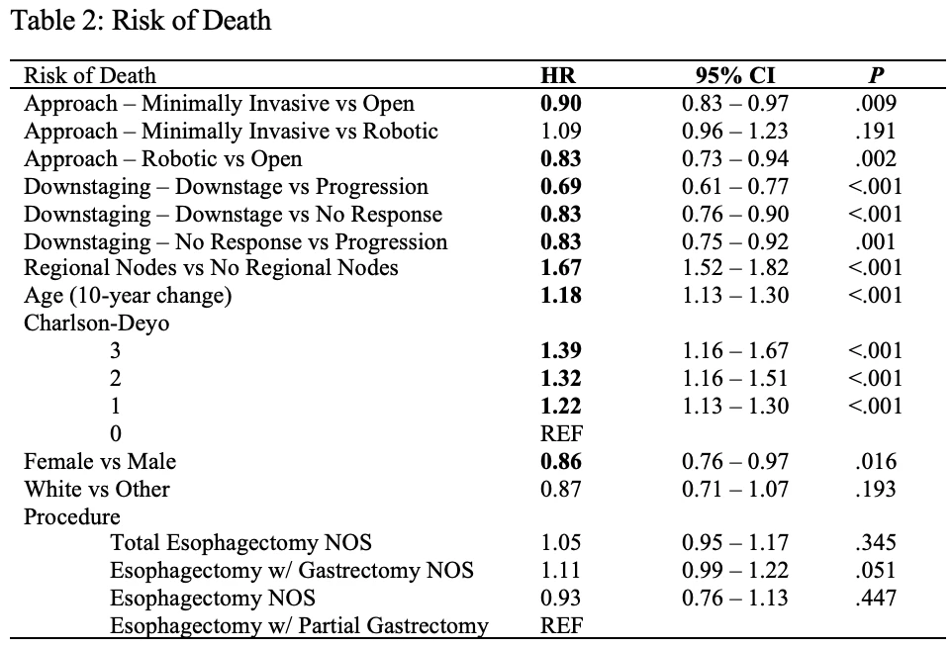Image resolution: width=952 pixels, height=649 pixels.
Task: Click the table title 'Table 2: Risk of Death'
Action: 141,21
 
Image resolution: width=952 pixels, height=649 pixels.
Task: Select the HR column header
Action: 558,75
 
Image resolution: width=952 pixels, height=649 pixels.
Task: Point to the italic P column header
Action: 876,75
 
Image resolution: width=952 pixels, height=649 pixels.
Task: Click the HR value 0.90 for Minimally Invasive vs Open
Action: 561,103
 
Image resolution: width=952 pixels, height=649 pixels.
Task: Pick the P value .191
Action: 875,132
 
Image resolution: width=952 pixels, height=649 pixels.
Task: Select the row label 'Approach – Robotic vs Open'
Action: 162,159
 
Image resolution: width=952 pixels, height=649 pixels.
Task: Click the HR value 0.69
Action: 561,186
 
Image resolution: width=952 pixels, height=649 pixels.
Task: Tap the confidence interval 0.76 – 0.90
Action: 735,215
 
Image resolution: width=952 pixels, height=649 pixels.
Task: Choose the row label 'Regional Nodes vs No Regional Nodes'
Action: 211,268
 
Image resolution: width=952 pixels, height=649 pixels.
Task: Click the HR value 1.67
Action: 561,268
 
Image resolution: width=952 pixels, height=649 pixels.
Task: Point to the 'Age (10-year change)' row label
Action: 128,296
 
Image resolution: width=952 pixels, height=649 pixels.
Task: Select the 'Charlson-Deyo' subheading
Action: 97,323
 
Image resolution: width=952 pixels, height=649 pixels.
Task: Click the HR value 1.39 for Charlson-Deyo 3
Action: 561,351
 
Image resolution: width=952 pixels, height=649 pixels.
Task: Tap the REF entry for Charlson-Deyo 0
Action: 562,433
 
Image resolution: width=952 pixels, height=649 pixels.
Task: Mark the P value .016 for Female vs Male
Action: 875,461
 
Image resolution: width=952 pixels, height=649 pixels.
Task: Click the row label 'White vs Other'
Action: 97,490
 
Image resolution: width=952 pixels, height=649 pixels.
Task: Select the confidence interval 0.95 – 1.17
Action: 735,543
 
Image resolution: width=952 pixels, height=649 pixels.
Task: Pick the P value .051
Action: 875,570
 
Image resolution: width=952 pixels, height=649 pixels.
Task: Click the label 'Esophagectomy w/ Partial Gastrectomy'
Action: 299,626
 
